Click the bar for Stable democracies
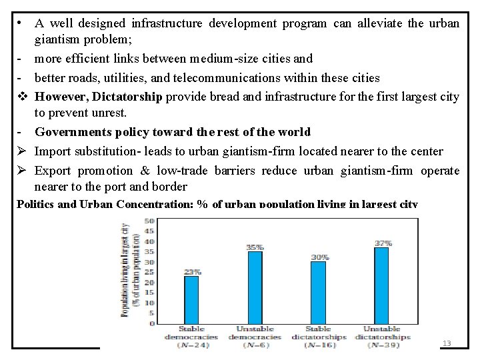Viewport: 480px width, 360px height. (191, 300)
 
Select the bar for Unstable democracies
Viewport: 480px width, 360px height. (255, 287)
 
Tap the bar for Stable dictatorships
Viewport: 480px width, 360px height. (319, 293)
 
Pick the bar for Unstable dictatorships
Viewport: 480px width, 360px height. (382, 286)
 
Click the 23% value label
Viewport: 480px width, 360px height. (192, 272)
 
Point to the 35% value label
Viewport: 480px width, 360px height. (255, 247)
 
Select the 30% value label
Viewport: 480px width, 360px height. (319, 257)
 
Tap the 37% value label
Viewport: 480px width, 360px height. (383, 243)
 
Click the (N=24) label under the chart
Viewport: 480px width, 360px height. (192, 345)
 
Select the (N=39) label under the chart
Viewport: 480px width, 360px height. (383, 345)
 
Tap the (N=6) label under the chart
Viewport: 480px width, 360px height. (255, 345)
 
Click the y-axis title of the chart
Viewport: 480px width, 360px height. (129, 269)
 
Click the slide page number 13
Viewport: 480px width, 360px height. (447, 343)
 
